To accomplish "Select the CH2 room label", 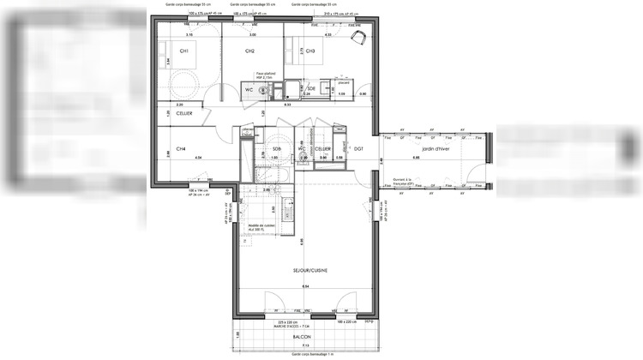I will pyautogui.click(x=249, y=51).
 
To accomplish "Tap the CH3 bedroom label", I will pyautogui.click(x=310, y=51).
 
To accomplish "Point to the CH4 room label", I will pyautogui.click(x=181, y=149).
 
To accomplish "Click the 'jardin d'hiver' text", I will pyautogui.click(x=424, y=149).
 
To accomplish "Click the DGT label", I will pyautogui.click(x=359, y=149).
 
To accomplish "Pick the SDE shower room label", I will pyautogui.click(x=311, y=88).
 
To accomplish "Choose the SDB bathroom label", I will pyautogui.click(x=276, y=149).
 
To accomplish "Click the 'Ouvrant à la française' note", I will pyautogui.click(x=404, y=181).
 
